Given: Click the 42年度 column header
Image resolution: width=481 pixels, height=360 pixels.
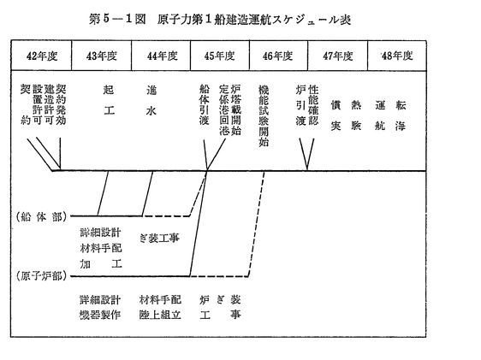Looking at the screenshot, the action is coord(42,56).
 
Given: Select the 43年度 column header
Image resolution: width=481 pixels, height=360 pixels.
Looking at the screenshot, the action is coord(102,56).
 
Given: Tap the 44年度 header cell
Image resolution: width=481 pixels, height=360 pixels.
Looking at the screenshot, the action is coord(163,56).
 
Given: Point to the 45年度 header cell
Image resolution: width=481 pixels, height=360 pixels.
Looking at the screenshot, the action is coord(220,56).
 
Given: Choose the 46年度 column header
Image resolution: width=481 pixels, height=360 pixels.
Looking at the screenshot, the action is coord(277,56).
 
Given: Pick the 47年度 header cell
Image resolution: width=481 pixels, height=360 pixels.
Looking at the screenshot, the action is coord(338,56).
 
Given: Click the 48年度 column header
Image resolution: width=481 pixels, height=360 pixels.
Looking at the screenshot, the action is coord(397,56).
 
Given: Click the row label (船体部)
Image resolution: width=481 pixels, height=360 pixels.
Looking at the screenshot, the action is coord(42,217).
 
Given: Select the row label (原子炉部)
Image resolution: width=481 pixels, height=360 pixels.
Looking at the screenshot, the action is coord(42,276).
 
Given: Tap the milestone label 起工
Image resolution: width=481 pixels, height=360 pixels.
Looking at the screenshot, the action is coord(109,100).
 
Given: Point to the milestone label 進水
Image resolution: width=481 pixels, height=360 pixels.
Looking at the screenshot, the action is coord(151,100).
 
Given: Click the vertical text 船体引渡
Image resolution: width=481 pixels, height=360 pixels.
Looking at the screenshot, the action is coord(204,105).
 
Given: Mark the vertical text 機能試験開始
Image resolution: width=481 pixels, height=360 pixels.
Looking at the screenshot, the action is coord(264,115).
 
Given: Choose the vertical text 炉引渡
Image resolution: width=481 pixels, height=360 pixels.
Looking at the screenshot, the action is coord(300,105).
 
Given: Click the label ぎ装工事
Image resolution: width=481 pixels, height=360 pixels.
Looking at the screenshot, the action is coord(159,238).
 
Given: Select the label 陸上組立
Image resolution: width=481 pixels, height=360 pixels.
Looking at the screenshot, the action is coord(160,315).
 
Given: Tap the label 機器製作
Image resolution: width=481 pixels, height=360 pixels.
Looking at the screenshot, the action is coord(100,315).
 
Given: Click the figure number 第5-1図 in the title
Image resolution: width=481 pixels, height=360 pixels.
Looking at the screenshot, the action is coord(117,20).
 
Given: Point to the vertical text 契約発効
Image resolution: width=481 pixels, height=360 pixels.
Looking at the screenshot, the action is coord(61,105).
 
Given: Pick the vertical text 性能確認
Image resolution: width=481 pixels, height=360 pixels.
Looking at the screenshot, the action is coord(313,105).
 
